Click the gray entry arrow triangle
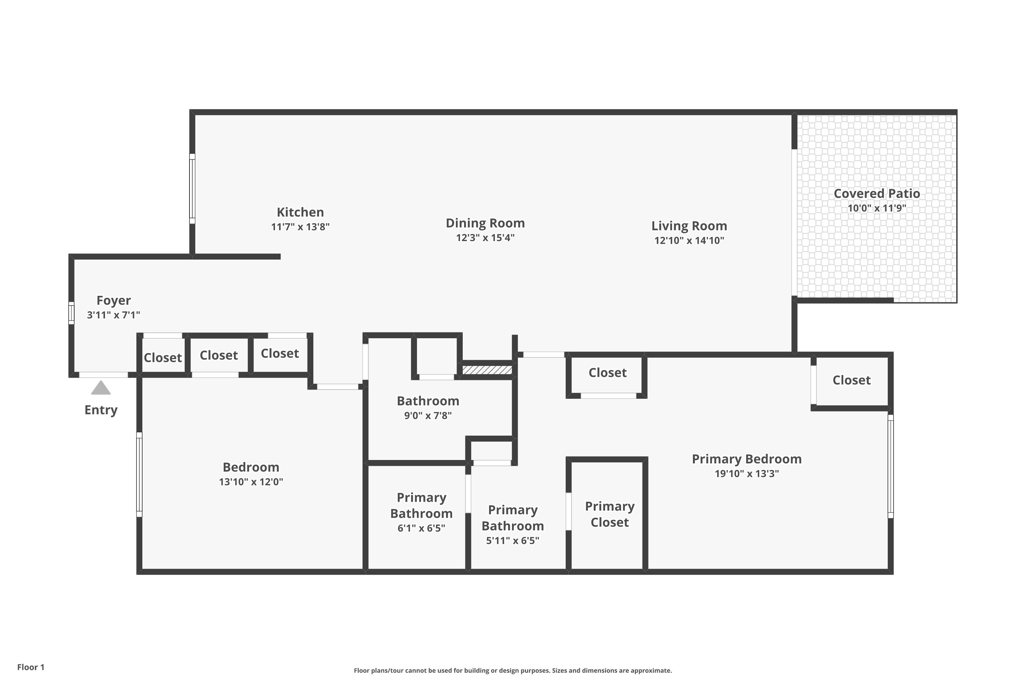pyautogui.click(x=101, y=387)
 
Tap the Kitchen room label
pyautogui.click(x=300, y=212)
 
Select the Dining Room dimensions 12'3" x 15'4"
pyautogui.click(x=485, y=238)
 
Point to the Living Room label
pyautogui.click(x=689, y=226)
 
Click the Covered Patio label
pyautogui.click(x=877, y=194)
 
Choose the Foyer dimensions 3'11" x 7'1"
pyautogui.click(x=114, y=315)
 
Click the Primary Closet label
pyautogui.click(x=609, y=514)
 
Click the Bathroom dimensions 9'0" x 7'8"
pyautogui.click(x=428, y=416)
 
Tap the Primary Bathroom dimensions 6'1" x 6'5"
pyautogui.click(x=421, y=528)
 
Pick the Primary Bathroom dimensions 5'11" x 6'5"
pyautogui.click(x=513, y=541)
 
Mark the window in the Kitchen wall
pyautogui.click(x=192, y=188)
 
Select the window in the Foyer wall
pyautogui.click(x=71, y=313)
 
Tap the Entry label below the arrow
pyautogui.click(x=101, y=410)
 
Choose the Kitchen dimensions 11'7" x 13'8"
pyautogui.click(x=300, y=227)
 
